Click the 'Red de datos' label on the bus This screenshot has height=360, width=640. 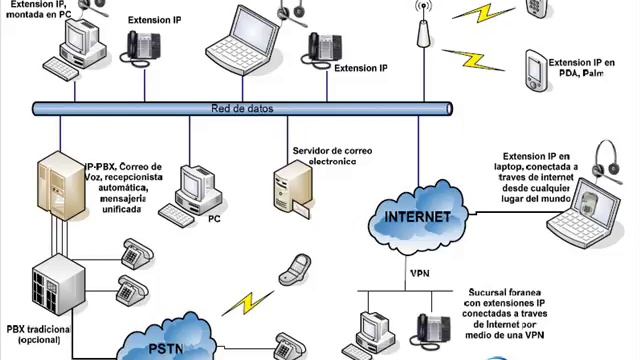point(242,109)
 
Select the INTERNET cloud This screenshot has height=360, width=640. point(418,216)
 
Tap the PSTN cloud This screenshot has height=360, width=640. point(167,339)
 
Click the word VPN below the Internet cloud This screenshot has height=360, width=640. point(420,273)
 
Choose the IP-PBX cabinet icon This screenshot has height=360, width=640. point(61,186)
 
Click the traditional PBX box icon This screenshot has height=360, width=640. point(58,284)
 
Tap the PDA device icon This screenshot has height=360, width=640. point(536,70)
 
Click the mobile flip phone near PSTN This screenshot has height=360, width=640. point(295,269)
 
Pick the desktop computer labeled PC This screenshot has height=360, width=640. point(191,196)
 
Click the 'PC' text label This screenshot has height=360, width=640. point(214,219)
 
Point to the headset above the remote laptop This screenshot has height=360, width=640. point(607,161)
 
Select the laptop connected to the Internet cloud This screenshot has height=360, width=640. point(584,213)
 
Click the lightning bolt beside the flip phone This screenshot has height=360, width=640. point(248,303)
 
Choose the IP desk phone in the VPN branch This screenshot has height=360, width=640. point(431,330)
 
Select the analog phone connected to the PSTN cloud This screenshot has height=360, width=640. point(289,347)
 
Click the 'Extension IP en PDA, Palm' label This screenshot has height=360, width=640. point(581,68)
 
